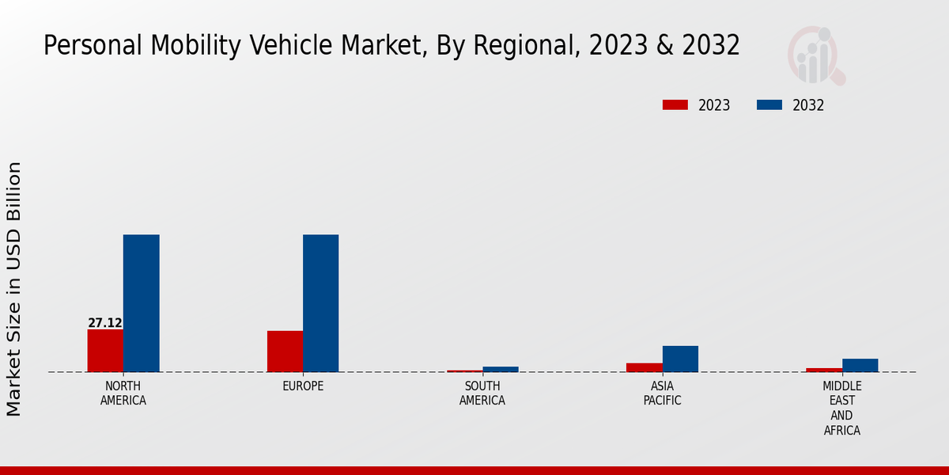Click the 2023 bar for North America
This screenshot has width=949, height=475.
click(x=105, y=350)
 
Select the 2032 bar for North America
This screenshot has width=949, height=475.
click(x=142, y=303)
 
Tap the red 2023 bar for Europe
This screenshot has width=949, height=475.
click(x=285, y=351)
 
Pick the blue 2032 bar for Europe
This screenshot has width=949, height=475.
click(x=321, y=303)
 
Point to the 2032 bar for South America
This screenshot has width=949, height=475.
click(x=501, y=369)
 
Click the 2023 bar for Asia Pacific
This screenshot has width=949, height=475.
click(x=644, y=367)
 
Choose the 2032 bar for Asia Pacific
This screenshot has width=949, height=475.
click(x=680, y=359)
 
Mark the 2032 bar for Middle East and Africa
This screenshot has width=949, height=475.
click(x=860, y=365)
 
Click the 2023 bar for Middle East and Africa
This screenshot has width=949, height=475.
click(x=824, y=370)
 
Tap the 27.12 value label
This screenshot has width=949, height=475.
click(x=105, y=323)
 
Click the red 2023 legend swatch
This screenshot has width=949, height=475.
click(x=675, y=105)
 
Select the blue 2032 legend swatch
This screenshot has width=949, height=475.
click(x=769, y=105)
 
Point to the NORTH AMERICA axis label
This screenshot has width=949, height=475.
click(x=123, y=393)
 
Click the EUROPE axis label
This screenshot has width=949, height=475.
click(x=303, y=386)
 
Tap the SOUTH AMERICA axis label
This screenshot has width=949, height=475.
click(x=482, y=393)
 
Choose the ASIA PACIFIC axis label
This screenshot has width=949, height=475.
click(x=662, y=393)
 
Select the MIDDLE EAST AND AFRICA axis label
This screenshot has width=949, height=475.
click(x=841, y=408)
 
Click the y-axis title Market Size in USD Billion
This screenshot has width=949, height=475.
click(x=15, y=289)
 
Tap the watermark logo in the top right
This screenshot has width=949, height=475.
click(x=815, y=55)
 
